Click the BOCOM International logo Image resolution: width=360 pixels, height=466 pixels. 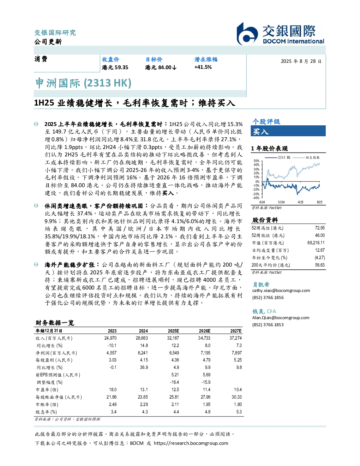[280, 34]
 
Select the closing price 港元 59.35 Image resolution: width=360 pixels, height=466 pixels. [115, 67]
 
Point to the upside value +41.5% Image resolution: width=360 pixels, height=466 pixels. [203, 67]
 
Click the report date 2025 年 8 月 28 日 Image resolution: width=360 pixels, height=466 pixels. [301, 61]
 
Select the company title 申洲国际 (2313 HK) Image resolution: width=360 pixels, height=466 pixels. [83, 83]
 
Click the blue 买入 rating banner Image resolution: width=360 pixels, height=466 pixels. [288, 131]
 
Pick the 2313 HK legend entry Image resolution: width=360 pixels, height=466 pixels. [278, 157]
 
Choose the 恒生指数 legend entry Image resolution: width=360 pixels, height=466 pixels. [306, 157]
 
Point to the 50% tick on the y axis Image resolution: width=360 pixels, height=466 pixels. [257, 161]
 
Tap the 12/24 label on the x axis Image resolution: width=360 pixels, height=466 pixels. [281, 202]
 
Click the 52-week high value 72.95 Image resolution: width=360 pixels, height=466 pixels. [320, 228]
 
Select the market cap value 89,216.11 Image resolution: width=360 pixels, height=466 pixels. [316, 243]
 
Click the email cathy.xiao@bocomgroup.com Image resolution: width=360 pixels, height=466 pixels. [281, 290]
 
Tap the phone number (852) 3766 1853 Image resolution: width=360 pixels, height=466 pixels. [268, 325]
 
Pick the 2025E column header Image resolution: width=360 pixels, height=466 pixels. [173, 331]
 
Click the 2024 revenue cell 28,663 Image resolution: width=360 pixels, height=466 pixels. [142, 338]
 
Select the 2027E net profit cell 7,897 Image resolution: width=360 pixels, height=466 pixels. [237, 353]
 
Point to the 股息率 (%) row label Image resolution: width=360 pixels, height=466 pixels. [46, 412]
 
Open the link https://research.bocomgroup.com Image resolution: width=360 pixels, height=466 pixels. [191, 443]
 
